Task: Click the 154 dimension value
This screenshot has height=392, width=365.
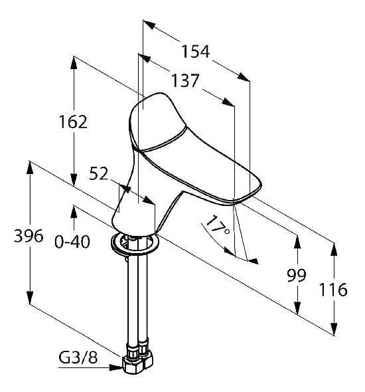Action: pyautogui.click(x=196, y=52)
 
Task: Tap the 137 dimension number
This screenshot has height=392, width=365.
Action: pyautogui.click(x=185, y=80)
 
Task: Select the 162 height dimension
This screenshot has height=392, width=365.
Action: pyautogui.click(x=73, y=122)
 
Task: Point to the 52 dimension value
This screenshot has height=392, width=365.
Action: pyautogui.click(x=99, y=173)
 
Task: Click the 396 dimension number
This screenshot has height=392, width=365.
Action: pyautogui.click(x=29, y=236)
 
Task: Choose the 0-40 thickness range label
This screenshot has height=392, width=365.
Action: pyautogui.click(x=72, y=242)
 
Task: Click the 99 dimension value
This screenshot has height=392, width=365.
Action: pyautogui.click(x=297, y=275)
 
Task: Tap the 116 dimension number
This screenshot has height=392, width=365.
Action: pyautogui.click(x=333, y=290)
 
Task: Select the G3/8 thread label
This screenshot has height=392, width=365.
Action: pyautogui.click(x=78, y=357)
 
